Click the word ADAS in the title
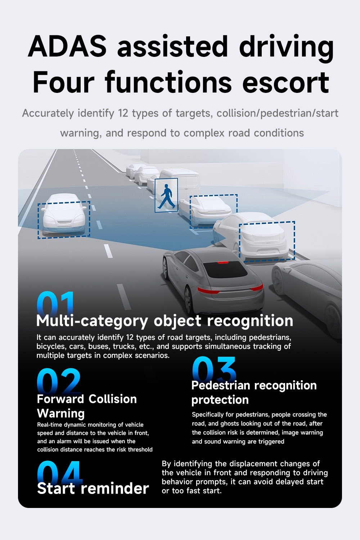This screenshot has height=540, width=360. pyautogui.click(x=67, y=46)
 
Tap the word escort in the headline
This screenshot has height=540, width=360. pyautogui.click(x=286, y=82)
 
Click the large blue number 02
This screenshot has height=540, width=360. pyautogui.click(x=59, y=381)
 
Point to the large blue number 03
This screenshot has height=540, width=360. pyautogui.click(x=214, y=369)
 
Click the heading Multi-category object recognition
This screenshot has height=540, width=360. pyautogui.click(x=165, y=321)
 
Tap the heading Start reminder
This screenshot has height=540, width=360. pyautogui.click(x=93, y=489)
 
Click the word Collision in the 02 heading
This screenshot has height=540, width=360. pyautogui.click(x=113, y=399)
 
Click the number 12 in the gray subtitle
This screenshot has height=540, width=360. pyautogui.click(x=123, y=113)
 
